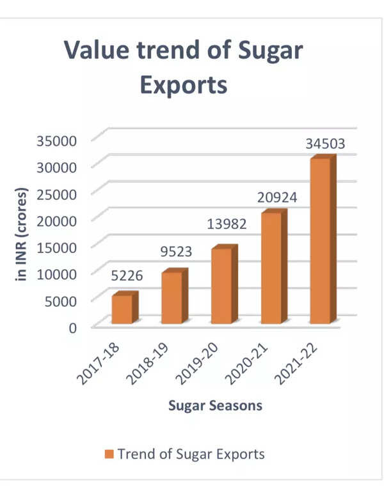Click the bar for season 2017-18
pyautogui.click(x=122, y=309)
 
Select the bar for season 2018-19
pyautogui.click(x=172, y=298)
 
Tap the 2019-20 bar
pyautogui.click(x=221, y=286)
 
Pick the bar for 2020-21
pyautogui.click(x=271, y=268)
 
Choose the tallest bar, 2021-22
pyautogui.click(x=320, y=241)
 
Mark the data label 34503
pyautogui.click(x=325, y=144)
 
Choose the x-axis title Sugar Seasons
pyautogui.click(x=215, y=406)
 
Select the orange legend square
pyautogui.click(x=110, y=455)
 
